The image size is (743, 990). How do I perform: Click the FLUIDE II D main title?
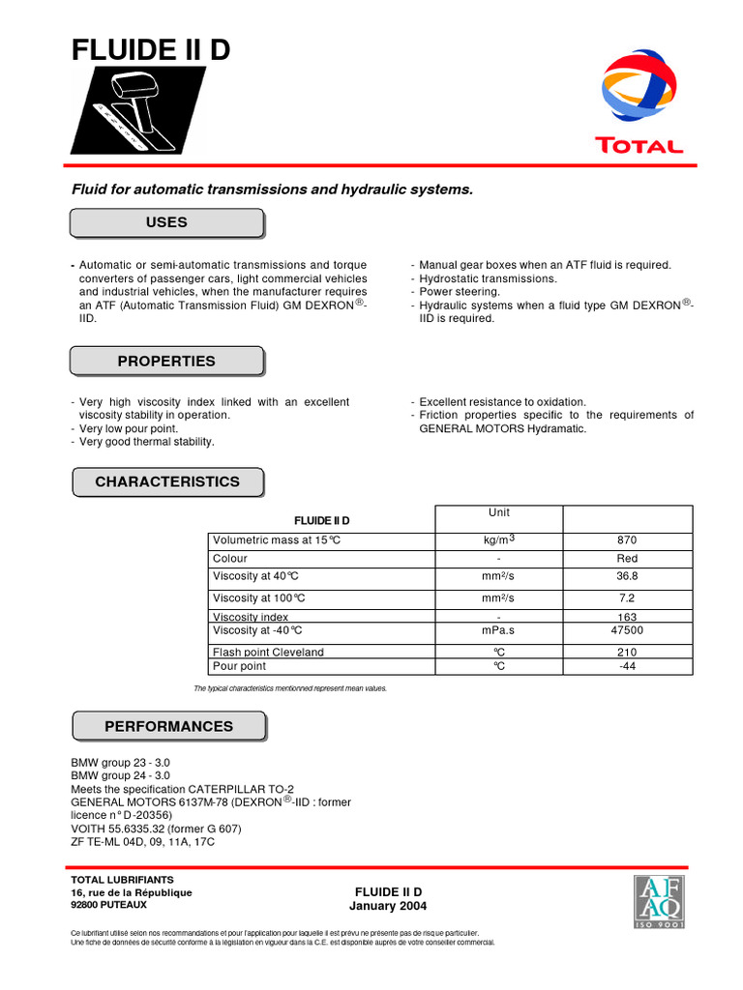tap(152, 50)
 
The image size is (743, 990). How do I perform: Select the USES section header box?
tap(166, 222)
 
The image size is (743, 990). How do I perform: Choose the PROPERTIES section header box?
tap(166, 362)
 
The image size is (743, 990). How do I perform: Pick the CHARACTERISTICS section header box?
tap(166, 481)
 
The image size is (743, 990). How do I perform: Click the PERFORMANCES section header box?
tap(168, 726)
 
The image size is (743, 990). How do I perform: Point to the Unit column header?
tap(499, 512)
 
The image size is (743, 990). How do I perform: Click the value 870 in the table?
tap(627, 540)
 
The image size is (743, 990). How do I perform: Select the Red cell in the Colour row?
tap(627, 559)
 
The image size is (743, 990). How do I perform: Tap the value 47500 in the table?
tap(627, 630)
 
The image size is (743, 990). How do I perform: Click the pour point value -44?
tap(627, 666)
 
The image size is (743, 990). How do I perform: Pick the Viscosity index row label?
tap(251, 617)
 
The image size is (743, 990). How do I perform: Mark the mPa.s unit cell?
tap(499, 630)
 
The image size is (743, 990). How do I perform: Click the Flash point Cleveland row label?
tap(268, 652)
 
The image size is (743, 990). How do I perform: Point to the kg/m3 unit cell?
tap(499, 540)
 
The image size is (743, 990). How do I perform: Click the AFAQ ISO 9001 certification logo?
tap(658, 902)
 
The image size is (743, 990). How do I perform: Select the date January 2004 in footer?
tap(388, 906)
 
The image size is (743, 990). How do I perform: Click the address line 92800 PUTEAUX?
tap(109, 905)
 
